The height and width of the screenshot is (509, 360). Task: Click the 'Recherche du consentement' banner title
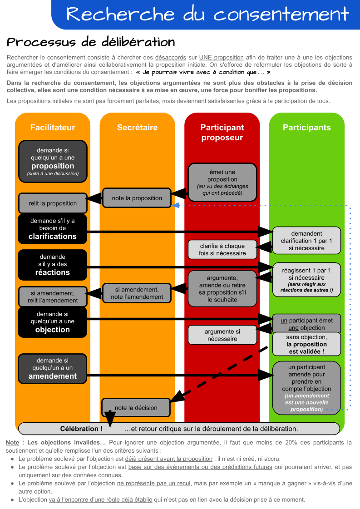tap(207, 14)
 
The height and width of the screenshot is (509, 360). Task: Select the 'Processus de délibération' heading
tap(91, 42)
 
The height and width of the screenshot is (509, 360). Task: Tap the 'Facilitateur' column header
tap(53, 128)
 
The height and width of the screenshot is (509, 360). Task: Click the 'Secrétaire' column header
tap(137, 128)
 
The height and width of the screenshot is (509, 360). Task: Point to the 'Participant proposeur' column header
tap(222, 133)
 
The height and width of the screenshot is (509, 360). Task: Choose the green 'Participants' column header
tap(307, 128)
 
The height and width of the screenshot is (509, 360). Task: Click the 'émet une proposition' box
tap(222, 183)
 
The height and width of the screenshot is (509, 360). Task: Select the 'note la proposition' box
tap(137, 198)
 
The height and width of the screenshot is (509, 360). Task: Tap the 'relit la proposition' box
tap(53, 203)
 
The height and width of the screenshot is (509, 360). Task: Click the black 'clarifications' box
tap(53, 229)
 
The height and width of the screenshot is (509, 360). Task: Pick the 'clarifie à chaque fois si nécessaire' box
tap(222, 250)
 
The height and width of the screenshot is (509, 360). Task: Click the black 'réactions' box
tap(53, 265)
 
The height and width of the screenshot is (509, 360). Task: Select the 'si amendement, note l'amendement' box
tap(137, 293)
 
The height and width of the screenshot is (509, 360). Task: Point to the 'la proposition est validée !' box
tap(307, 344)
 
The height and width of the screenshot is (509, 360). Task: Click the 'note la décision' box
tap(136, 408)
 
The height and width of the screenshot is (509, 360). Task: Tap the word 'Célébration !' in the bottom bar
tap(81, 429)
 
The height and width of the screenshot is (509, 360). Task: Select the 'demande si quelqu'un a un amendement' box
tap(53, 369)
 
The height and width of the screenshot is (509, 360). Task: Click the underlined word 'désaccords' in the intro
tap(170, 58)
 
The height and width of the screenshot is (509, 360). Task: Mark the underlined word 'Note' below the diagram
tap(12, 442)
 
